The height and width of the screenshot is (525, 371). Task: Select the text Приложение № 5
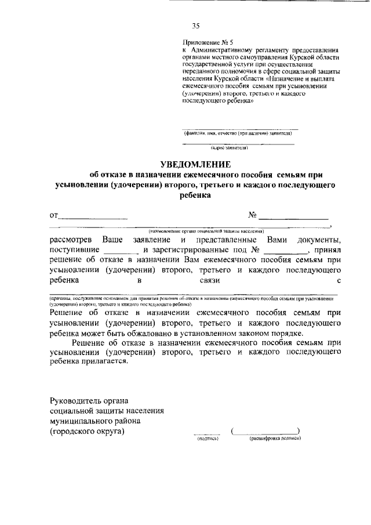coord(208,42)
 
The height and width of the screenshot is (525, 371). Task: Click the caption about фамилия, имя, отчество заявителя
coord(238,133)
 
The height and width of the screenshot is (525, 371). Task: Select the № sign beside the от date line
coord(252,215)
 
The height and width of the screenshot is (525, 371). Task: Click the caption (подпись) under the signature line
coord(207,439)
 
